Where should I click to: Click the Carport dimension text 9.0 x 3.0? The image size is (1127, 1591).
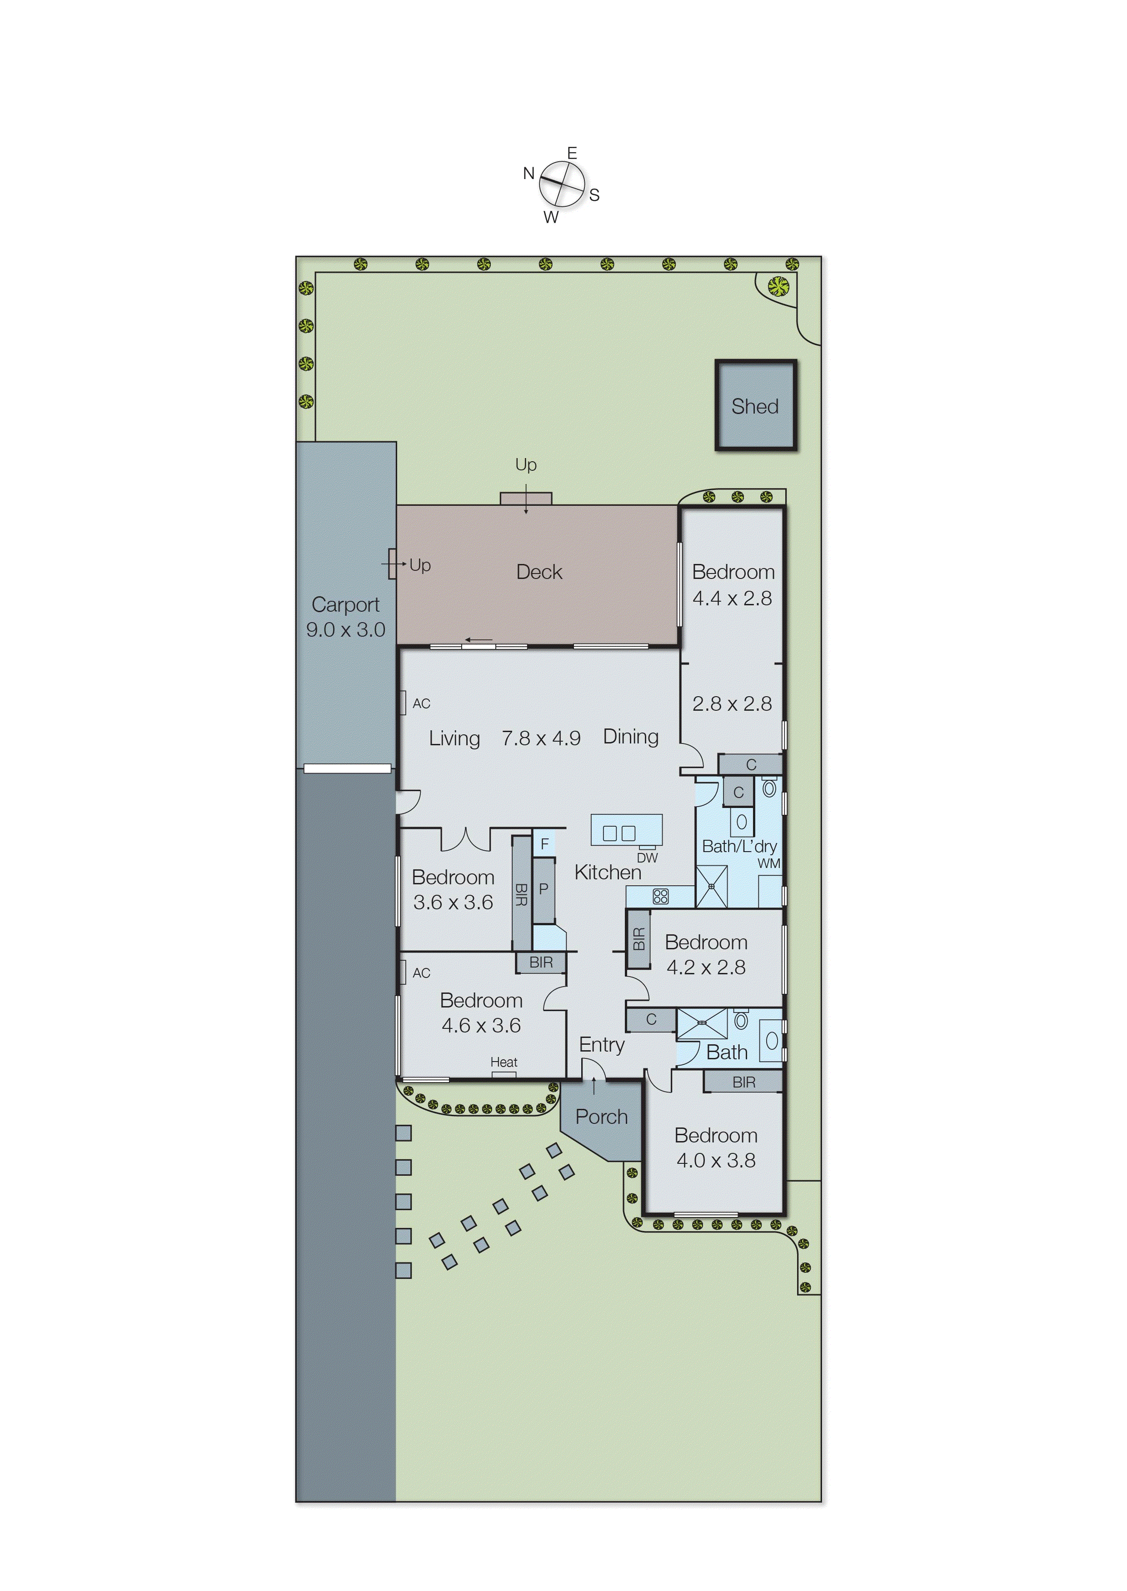click(x=345, y=629)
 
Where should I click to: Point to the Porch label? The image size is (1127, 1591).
click(x=601, y=1117)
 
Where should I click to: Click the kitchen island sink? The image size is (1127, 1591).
click(x=619, y=833)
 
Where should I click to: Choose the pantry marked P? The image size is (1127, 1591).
click(x=544, y=889)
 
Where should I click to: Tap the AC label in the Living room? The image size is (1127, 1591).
click(x=421, y=703)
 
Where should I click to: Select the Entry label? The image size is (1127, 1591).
click(x=602, y=1044)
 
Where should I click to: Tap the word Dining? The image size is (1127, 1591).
click(x=630, y=736)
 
